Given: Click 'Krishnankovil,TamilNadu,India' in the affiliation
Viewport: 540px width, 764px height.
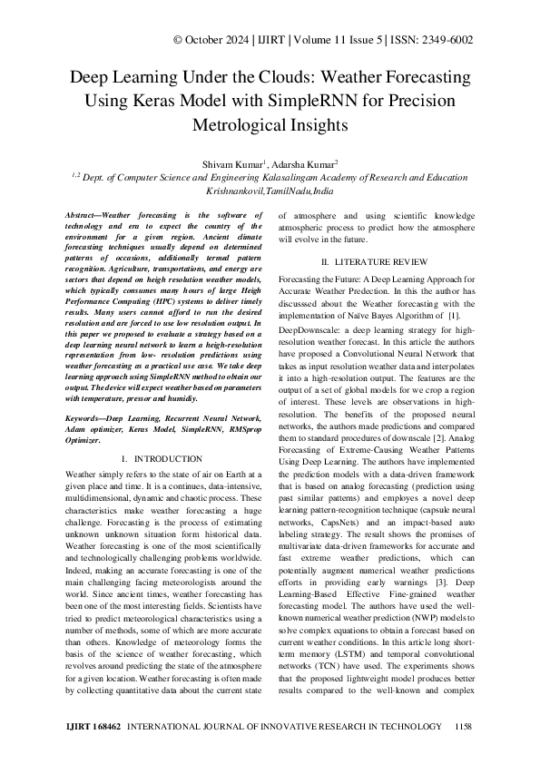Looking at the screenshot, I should pos(270,192).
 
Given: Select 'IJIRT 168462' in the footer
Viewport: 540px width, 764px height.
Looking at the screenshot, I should pos(95,728).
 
